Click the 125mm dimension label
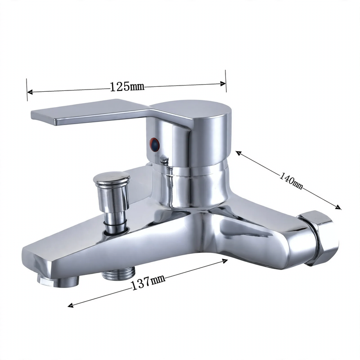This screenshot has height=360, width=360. click(127, 86)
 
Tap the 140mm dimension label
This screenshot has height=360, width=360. click(291, 181)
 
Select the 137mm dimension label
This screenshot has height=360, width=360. click(148, 283)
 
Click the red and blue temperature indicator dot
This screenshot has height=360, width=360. click(154, 145)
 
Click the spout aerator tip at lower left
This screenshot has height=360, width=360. click(58, 281)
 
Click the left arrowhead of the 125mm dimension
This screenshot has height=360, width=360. click(30, 92)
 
